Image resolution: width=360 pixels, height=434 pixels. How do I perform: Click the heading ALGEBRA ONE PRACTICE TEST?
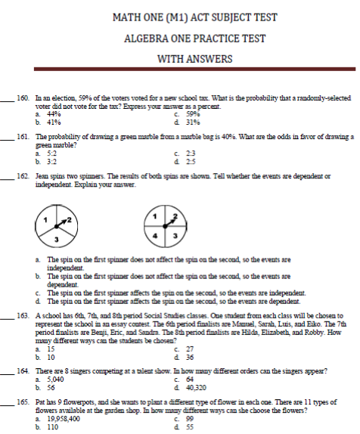(x=179, y=38)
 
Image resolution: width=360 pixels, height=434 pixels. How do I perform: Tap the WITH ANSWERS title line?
(x=179, y=58)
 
